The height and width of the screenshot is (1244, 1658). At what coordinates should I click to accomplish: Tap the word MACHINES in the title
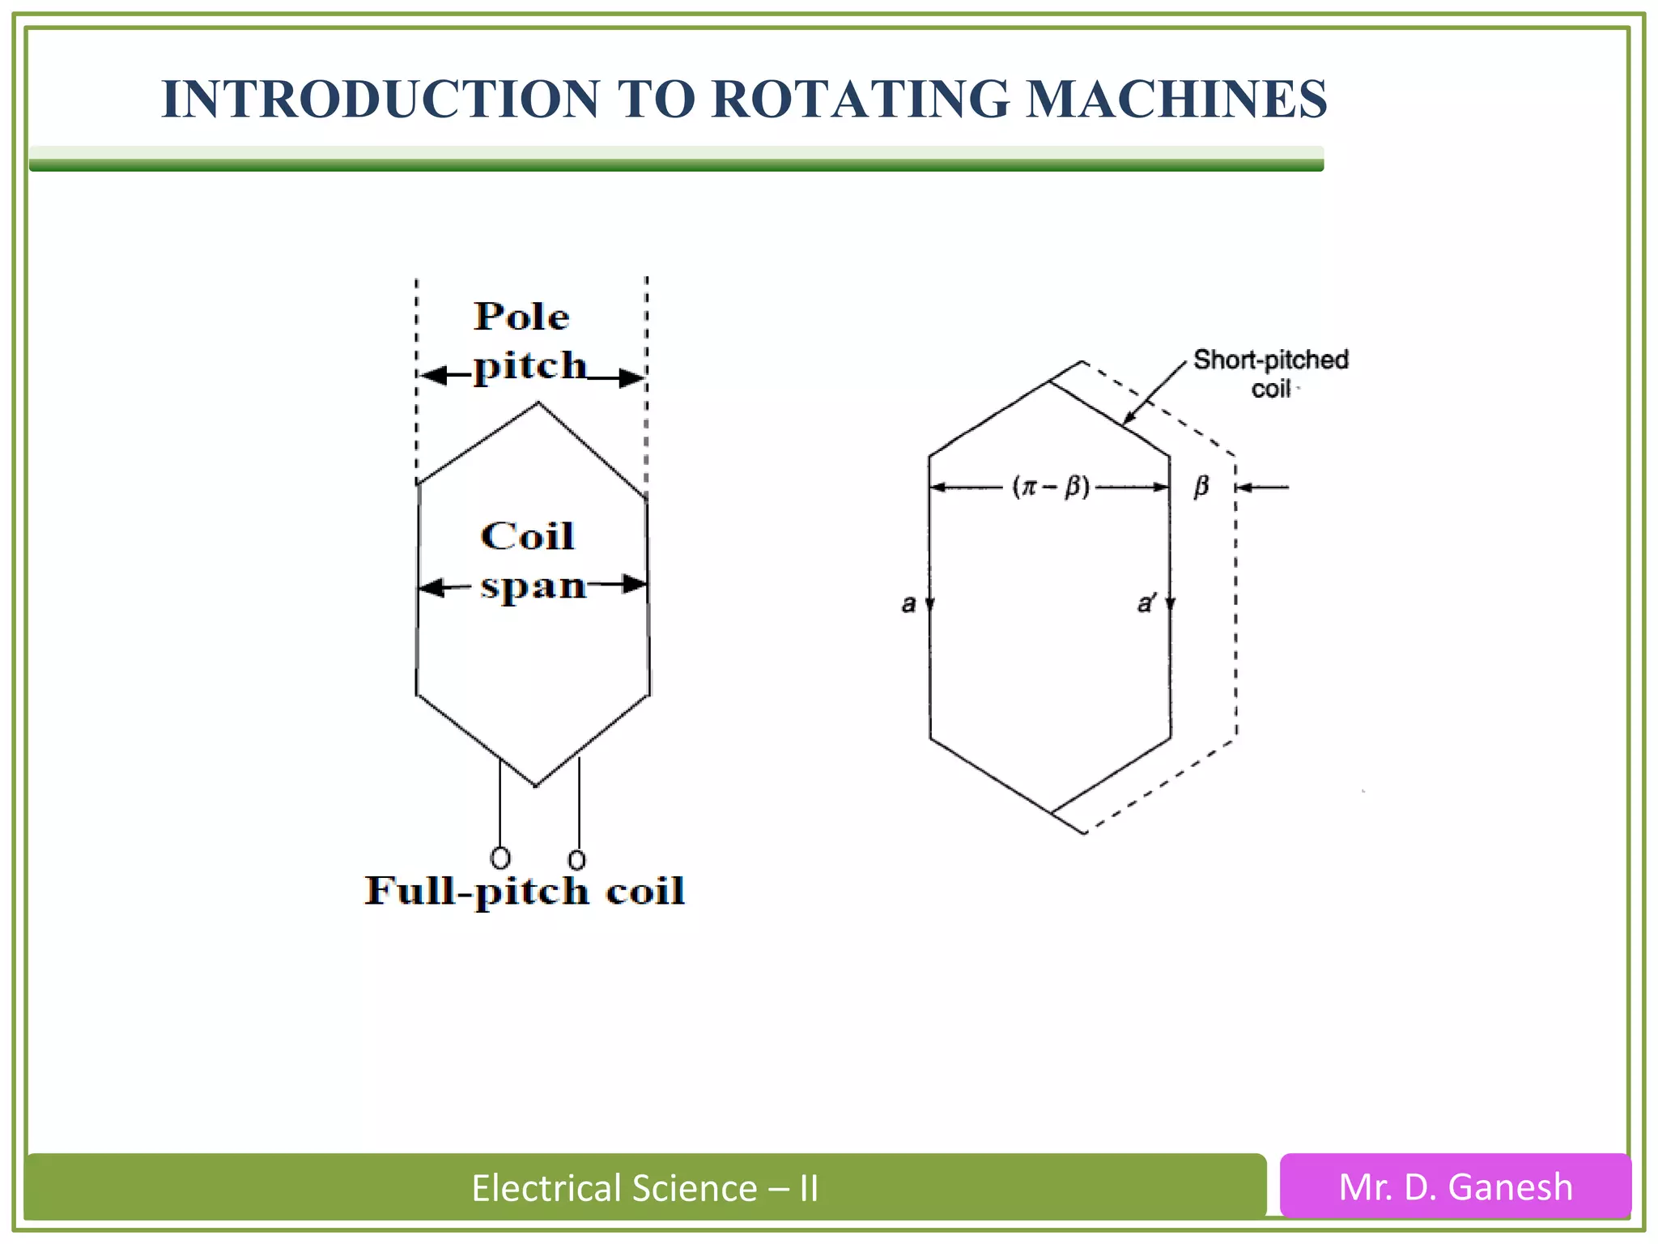1176,99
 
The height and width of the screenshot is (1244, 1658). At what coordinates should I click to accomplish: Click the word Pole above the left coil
521,316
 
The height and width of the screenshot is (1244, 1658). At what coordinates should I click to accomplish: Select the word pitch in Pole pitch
529,366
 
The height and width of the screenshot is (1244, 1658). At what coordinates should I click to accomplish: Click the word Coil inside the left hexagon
527,536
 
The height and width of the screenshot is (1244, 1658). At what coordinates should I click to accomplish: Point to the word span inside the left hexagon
533,586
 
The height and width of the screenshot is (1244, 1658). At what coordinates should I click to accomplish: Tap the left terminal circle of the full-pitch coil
500,858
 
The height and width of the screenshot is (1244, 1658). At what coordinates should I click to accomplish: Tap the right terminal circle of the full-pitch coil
576,859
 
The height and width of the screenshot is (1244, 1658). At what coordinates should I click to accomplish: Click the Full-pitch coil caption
525,891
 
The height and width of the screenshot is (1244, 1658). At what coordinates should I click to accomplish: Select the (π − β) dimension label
1050,487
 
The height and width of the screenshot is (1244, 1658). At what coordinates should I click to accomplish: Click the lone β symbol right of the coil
1201,487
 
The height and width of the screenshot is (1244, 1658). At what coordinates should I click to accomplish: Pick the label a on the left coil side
908,603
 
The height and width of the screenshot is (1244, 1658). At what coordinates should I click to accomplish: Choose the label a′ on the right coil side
1146,603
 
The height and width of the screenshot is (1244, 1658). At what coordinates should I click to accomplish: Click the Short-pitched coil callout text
1271,373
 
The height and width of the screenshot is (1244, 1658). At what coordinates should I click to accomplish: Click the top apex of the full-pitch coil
538,403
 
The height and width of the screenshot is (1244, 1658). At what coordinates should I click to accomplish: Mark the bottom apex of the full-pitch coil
536,785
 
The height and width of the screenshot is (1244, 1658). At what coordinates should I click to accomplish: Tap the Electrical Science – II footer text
644,1188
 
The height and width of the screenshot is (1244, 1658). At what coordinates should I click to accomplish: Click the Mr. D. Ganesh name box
1455,1186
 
